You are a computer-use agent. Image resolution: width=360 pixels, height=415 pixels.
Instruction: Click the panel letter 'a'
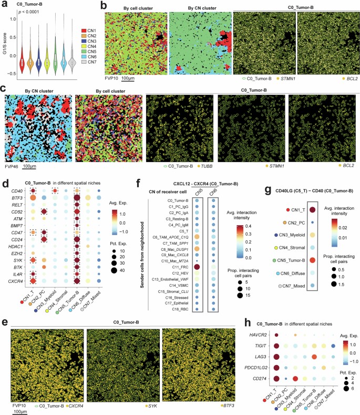click(4, 5)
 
